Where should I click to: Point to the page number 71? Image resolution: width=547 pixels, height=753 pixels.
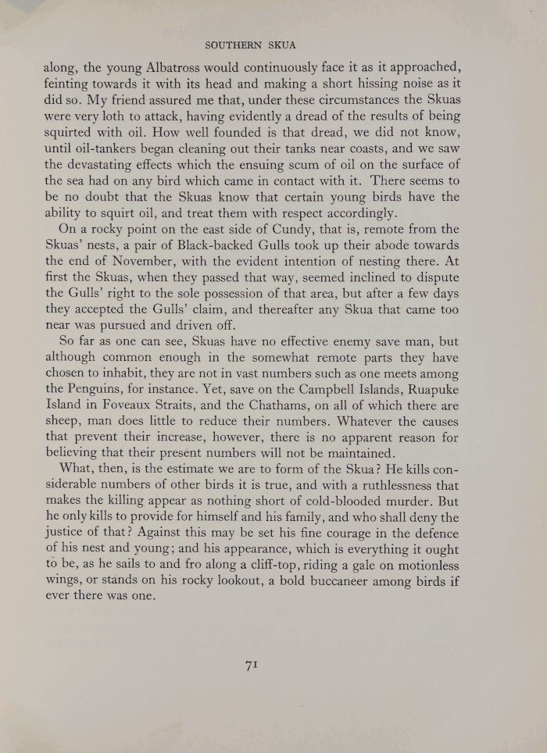click(x=252, y=665)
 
